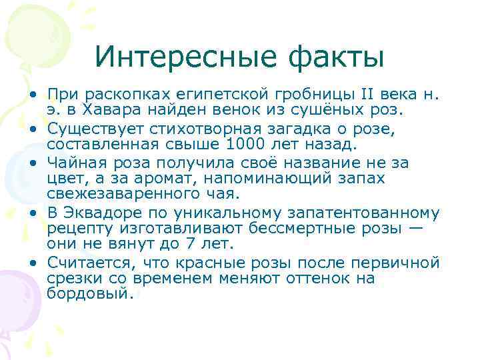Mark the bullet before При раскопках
click(x=32, y=94)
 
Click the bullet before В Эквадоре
click(x=32, y=213)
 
